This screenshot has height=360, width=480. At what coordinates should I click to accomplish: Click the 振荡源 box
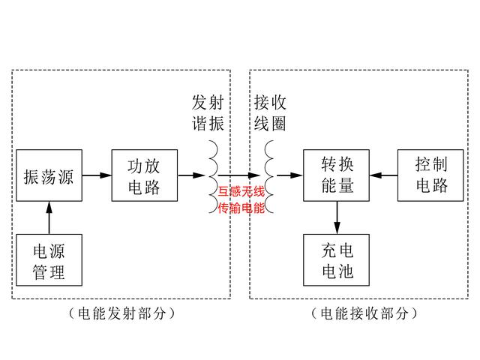coord(49,176)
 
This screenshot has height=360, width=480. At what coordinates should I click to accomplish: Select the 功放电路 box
coord(144,176)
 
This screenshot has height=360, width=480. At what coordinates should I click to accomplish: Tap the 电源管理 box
coord(49,259)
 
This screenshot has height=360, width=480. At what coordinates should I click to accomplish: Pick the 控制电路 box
coord(431,176)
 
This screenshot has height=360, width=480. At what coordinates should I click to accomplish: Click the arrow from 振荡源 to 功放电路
coord(96,176)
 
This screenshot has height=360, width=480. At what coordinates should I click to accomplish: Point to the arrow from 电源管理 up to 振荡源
coord(49,218)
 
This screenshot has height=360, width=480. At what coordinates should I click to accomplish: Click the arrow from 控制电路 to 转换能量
coord(385,176)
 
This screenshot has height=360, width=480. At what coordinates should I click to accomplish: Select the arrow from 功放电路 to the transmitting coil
coord(190,176)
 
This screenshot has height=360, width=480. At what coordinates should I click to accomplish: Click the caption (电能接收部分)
coord(363,314)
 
